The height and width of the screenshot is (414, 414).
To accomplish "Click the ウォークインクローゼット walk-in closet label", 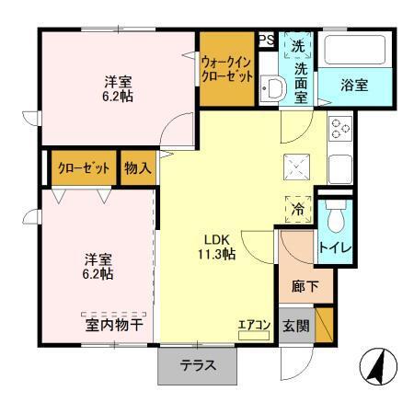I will coord(225,67).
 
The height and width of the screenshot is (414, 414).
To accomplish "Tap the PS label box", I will coord(266,39).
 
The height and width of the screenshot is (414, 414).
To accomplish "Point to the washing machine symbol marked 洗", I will coord(298,44).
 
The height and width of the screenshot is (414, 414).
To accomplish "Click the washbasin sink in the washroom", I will coord(273,90).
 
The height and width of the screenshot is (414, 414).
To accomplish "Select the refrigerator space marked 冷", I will coord(298,209).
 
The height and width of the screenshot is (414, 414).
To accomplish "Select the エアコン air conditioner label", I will coord(253,324).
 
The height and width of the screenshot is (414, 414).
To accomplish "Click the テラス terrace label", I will coord(198,364).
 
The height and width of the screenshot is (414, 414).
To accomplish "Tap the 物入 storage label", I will coord(138,168).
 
